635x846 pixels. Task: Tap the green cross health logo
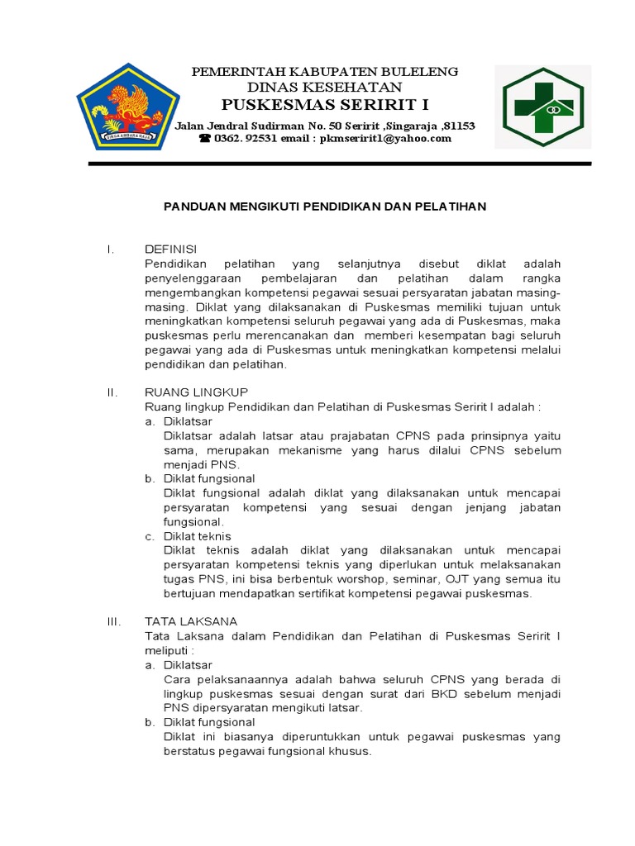[x=543, y=107]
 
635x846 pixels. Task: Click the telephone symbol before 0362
[x=204, y=139]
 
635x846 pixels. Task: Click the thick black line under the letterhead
[x=339, y=164]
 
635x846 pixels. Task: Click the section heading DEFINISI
[x=170, y=249]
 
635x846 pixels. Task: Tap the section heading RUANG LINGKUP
[x=196, y=392]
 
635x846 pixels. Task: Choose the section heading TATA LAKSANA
[x=191, y=620]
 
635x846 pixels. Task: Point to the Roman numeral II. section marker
[x=113, y=392]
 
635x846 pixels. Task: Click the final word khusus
[x=351, y=752]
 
